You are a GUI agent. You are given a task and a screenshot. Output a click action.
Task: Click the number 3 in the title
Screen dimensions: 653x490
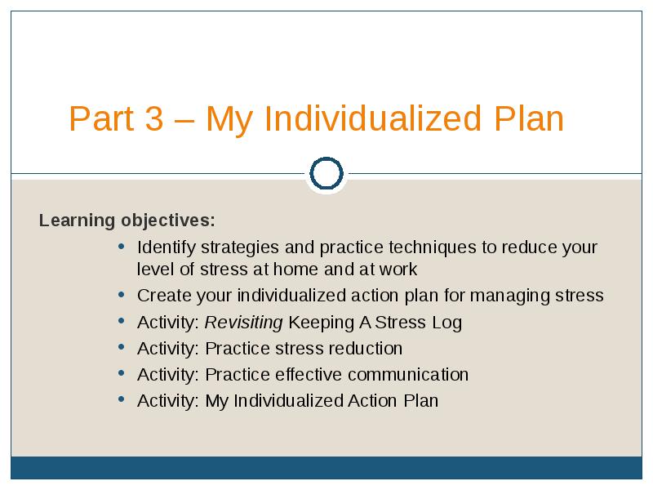154,118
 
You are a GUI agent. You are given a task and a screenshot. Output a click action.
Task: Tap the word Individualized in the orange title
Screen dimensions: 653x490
373,118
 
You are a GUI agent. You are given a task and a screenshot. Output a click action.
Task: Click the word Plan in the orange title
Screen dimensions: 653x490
529,118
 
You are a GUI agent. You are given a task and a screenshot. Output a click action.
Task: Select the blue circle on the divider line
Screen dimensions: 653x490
326,173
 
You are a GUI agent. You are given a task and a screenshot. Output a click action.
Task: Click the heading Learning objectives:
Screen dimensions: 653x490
127,220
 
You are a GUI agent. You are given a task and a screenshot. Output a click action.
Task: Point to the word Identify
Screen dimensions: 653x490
167,248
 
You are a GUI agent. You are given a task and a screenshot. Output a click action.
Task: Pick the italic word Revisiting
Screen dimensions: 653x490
243,323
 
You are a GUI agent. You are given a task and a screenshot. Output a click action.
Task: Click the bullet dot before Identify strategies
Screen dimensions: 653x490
121,247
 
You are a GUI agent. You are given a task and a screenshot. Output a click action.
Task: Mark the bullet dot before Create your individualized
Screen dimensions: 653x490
121,295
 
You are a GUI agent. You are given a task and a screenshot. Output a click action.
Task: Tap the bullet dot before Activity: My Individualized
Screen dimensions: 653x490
121,399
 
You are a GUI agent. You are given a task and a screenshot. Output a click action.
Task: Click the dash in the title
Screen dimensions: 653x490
184,122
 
